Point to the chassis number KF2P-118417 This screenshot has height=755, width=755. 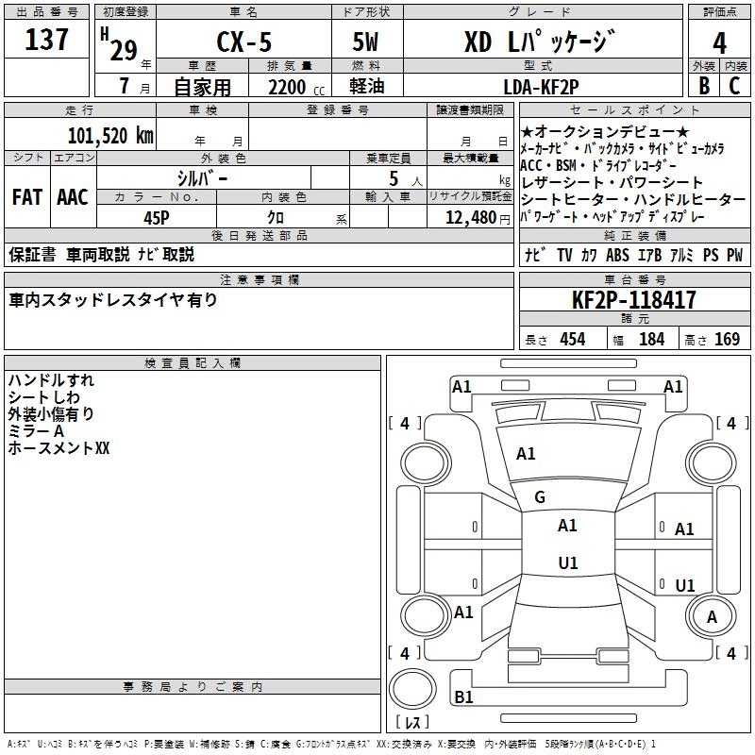point(634,301)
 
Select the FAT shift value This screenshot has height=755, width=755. point(26,197)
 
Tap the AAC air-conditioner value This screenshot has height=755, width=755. point(73,197)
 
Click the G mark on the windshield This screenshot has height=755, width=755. point(540,497)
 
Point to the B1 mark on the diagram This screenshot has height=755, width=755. point(463,697)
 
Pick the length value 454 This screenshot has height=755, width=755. point(572,340)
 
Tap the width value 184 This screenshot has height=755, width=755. point(651,340)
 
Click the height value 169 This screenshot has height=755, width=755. point(727,340)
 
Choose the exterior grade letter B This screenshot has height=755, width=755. point(703,87)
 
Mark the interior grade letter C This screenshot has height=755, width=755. point(735,87)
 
